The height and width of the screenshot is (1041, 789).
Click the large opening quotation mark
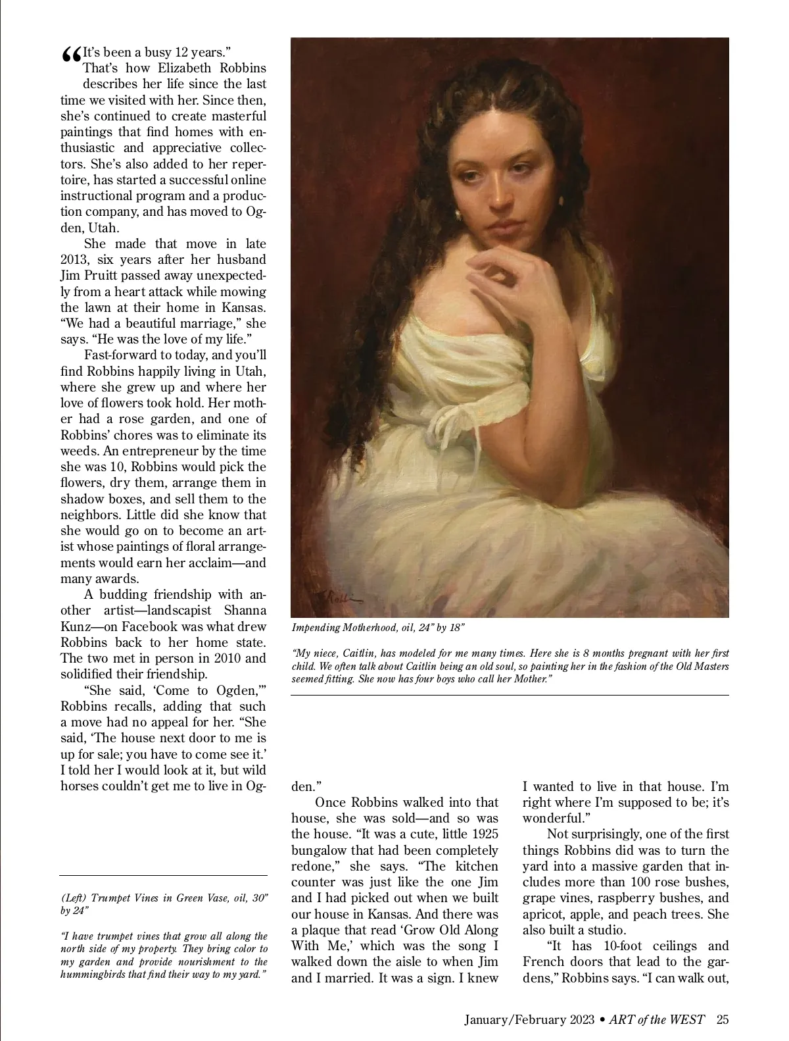pyautogui.click(x=71, y=56)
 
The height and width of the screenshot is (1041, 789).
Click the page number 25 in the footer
pyautogui.click(x=723, y=1020)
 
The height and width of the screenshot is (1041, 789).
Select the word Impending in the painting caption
pyautogui.click(x=316, y=627)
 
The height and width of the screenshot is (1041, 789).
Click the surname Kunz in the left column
pyautogui.click(x=78, y=626)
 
